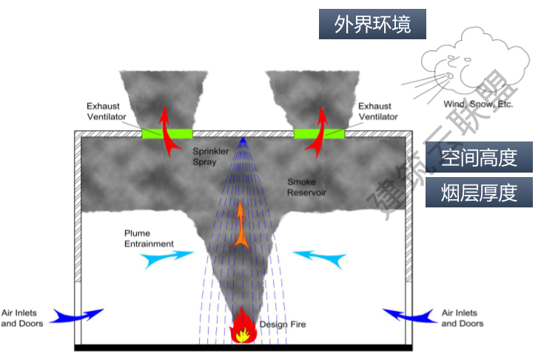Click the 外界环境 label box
373,24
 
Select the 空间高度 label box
479,157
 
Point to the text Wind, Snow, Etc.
477,104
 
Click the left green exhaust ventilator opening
167,134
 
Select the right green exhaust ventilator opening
319,134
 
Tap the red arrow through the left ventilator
169,130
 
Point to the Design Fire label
282,324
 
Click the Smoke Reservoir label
307,187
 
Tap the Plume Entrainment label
149,238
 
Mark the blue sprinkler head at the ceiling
242,140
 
